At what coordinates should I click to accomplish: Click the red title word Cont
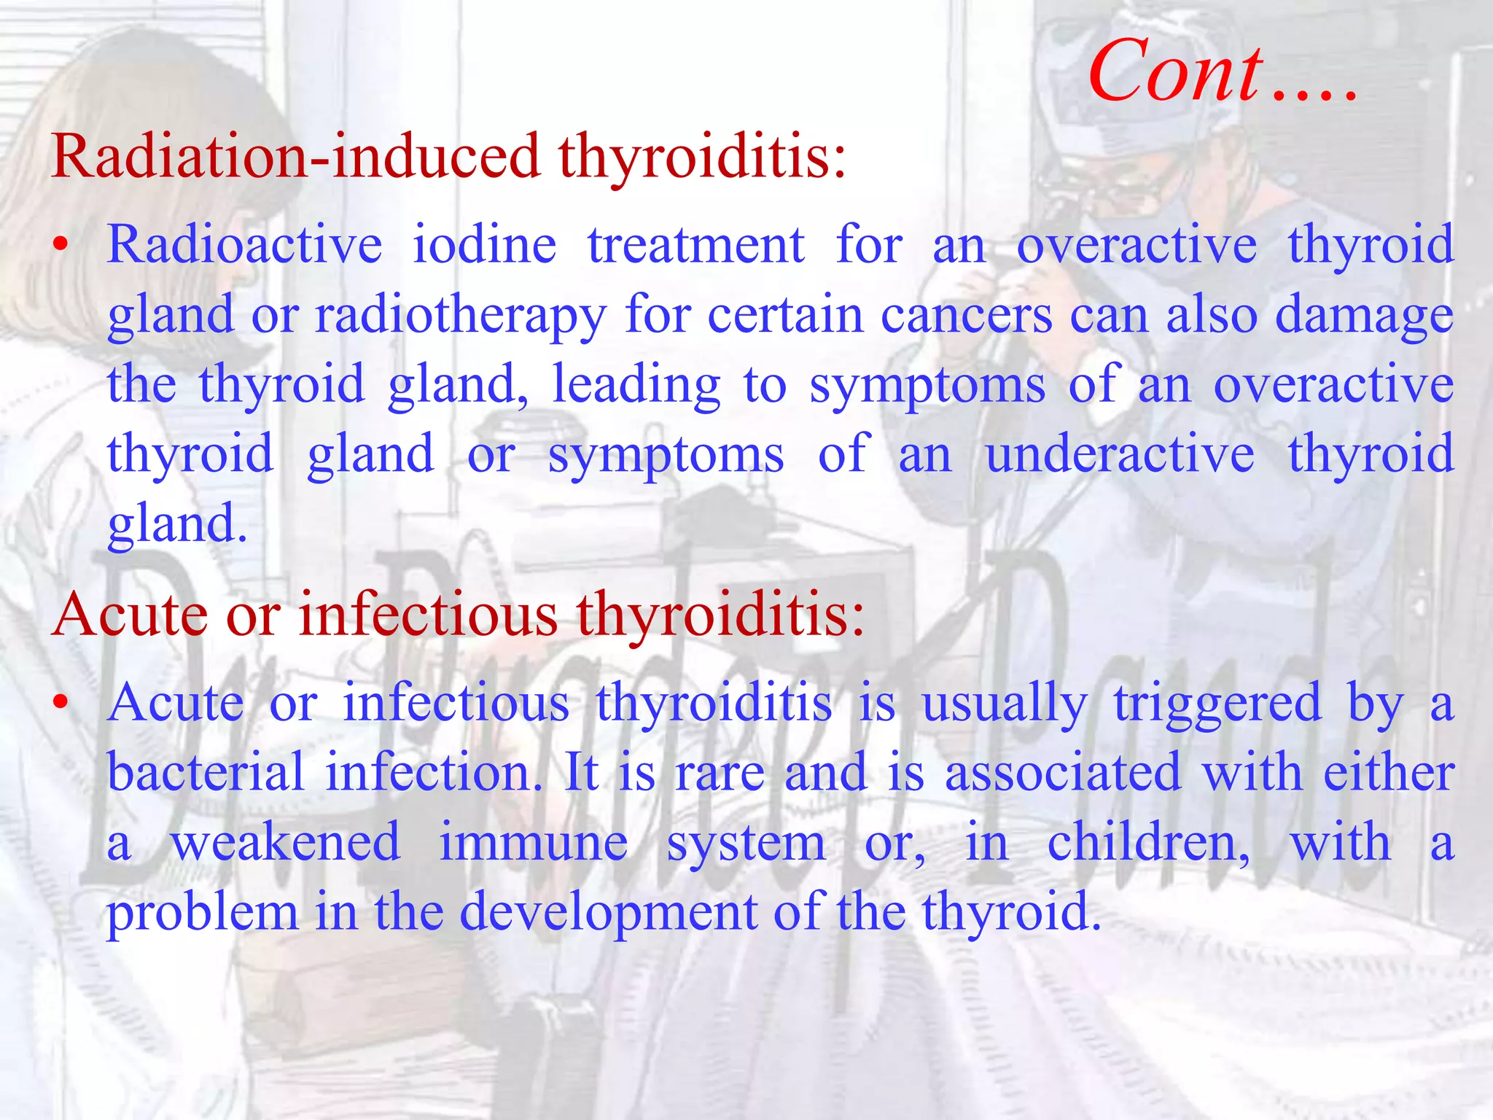[1175, 71]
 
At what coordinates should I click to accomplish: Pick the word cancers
[966, 315]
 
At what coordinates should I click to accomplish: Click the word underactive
[1120, 454]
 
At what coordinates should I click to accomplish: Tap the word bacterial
[206, 772]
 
